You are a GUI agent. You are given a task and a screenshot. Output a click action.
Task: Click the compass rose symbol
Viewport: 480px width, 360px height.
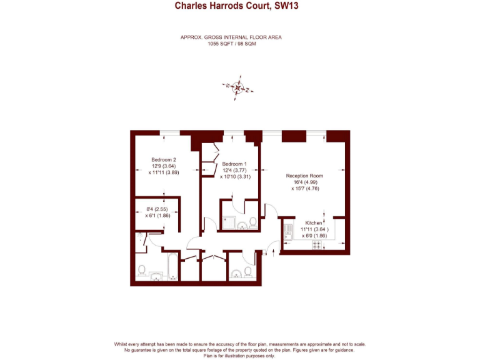coord(238,88)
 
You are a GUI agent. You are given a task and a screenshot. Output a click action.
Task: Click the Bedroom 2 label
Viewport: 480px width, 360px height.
coord(164,159)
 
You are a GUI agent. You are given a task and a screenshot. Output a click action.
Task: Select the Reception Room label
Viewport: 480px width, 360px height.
coord(304,176)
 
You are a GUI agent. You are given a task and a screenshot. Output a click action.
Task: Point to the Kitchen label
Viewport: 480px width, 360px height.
coord(314,223)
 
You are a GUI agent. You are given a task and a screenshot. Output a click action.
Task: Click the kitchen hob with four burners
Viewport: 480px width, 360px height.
coord(317,245)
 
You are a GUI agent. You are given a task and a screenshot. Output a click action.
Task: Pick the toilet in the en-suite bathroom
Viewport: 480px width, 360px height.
coord(252,221)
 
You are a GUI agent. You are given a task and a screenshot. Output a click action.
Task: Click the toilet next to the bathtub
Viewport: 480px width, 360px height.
coord(142,271)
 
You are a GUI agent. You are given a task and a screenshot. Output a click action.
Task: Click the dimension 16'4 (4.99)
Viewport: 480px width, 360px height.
coord(305,182)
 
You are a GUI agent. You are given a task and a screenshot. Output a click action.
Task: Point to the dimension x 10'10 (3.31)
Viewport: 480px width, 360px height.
coord(235,177)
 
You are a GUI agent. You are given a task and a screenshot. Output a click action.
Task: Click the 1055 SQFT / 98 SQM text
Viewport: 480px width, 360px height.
coord(231,44)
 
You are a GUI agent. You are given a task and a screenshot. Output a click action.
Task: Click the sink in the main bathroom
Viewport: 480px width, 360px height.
coord(156,276)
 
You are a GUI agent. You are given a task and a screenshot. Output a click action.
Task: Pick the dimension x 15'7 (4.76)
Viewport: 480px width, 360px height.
coord(305,188)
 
